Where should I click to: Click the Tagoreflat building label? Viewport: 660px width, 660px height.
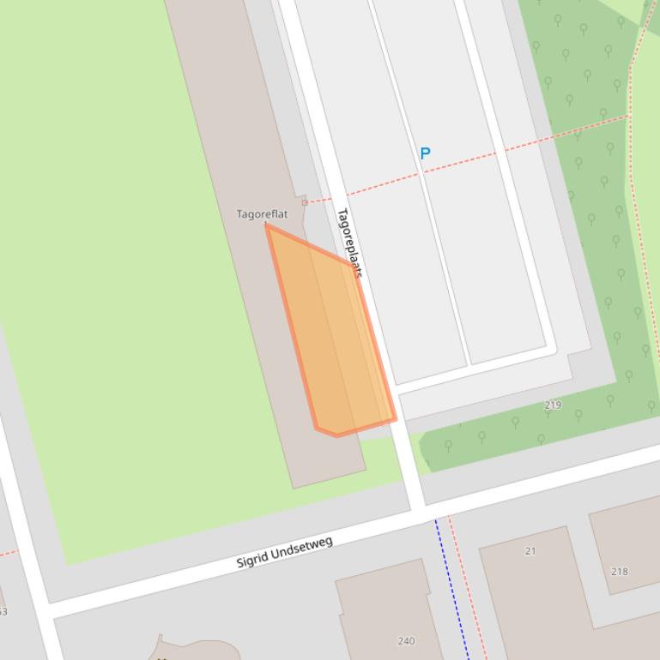point(262,214)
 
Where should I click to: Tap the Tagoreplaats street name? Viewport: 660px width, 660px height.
point(348,243)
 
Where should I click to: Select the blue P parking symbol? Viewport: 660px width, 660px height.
point(425,153)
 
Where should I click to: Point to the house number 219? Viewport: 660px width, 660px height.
point(553,405)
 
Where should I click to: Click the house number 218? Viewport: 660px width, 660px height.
point(619,571)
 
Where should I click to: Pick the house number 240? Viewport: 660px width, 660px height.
point(407,640)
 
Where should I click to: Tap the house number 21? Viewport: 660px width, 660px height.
point(530,551)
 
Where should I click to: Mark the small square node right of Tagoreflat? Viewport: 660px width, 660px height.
point(305,202)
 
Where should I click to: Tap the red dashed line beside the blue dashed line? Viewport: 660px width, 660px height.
point(469,591)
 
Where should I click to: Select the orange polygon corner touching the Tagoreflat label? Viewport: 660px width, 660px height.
point(268,226)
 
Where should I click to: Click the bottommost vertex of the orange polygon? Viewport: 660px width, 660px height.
point(336,435)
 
